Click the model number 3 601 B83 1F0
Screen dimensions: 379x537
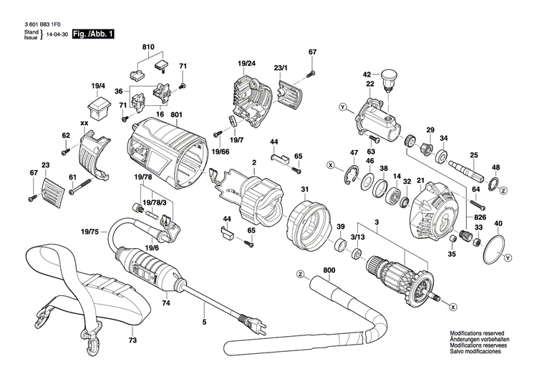pyautogui.click(x=43, y=23)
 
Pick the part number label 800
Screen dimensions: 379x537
pyautogui.click(x=329, y=270)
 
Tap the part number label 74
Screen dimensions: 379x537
pyautogui.click(x=166, y=303)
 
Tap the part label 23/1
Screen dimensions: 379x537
pyautogui.click(x=280, y=68)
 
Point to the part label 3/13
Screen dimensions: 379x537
pyautogui.click(x=357, y=237)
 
